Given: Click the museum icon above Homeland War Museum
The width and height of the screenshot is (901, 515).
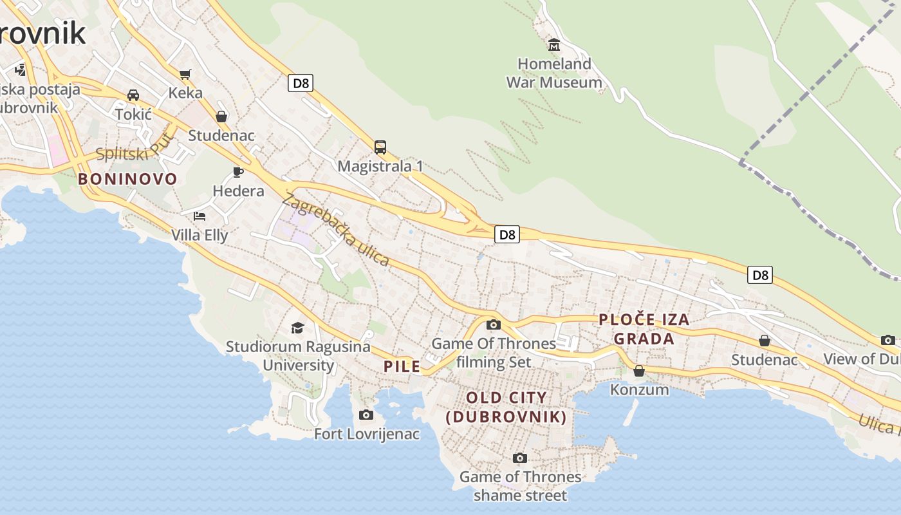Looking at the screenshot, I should pyautogui.click(x=553, y=44).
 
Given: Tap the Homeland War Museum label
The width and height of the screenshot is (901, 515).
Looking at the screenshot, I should pyautogui.click(x=554, y=73).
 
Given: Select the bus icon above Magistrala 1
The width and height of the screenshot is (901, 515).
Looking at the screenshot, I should pyautogui.click(x=380, y=147).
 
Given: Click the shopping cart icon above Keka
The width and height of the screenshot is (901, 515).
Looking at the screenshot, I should pyautogui.click(x=185, y=74).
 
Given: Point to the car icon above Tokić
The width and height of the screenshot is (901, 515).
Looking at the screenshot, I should pyautogui.click(x=133, y=95).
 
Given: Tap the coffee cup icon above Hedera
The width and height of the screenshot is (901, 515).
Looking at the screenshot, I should pyautogui.click(x=237, y=172).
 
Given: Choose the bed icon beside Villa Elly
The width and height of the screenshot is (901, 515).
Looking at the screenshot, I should pyautogui.click(x=200, y=216).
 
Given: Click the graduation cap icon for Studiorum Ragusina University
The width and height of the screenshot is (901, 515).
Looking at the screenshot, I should pyautogui.click(x=297, y=328).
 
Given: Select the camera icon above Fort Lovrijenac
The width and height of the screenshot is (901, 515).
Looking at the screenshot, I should pyautogui.click(x=366, y=415).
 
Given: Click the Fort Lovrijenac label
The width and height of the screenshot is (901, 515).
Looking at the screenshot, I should pyautogui.click(x=367, y=434).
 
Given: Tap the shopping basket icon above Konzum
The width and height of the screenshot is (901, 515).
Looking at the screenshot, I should pyautogui.click(x=639, y=371).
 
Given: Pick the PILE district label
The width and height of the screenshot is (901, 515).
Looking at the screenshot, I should pyautogui.click(x=402, y=367).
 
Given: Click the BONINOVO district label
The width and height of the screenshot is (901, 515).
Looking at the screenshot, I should pyautogui.click(x=127, y=179).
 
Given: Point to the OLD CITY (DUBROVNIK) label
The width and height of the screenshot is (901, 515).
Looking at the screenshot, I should pyautogui.click(x=506, y=407).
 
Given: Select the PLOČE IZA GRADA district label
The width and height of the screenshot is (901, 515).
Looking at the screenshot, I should pyautogui.click(x=644, y=328).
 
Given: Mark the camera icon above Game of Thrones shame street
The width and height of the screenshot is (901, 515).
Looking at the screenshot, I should pyautogui.click(x=520, y=458).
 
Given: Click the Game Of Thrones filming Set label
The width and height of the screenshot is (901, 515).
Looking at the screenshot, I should pyautogui.click(x=494, y=352).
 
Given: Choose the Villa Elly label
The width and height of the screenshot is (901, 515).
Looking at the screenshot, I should pyautogui.click(x=200, y=235).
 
